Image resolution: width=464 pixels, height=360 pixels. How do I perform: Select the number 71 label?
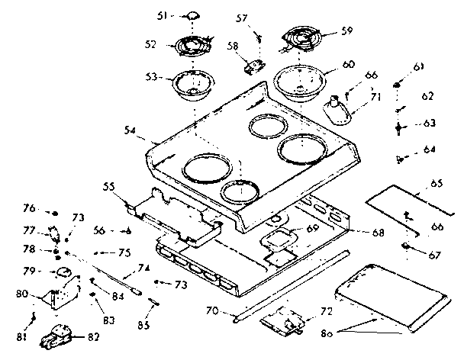(374, 98)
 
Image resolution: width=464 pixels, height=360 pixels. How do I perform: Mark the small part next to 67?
(408, 246)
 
